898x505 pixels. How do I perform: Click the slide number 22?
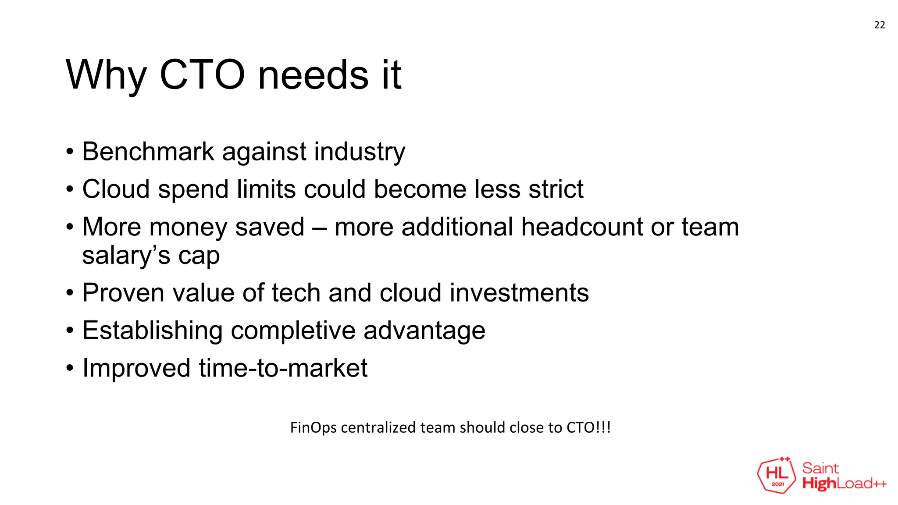click(879, 25)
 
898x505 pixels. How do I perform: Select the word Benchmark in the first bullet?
click(148, 152)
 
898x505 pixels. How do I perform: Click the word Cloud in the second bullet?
click(116, 189)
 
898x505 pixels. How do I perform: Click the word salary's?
click(126, 256)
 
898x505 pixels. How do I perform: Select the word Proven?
click(124, 293)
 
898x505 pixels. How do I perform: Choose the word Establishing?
click(153, 331)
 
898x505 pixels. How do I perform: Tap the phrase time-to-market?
click(283, 368)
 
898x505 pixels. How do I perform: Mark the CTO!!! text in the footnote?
click(588, 427)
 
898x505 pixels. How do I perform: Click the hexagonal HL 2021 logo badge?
click(777, 475)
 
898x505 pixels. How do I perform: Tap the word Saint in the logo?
click(820, 468)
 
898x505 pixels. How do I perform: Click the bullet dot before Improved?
click(70, 368)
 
